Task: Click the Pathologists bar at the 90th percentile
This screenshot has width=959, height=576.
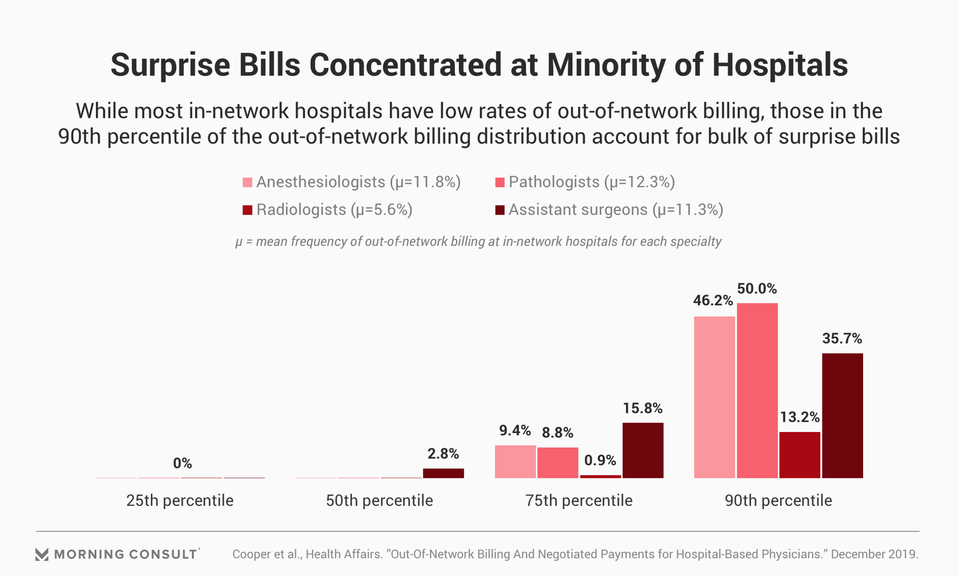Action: [x=757, y=390]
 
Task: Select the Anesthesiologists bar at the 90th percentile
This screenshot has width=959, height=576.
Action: [x=714, y=397]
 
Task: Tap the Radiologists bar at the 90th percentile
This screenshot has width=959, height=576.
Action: [x=800, y=455]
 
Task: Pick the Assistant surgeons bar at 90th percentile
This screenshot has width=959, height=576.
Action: [x=843, y=415]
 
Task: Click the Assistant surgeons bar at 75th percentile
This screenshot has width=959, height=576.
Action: [x=643, y=450]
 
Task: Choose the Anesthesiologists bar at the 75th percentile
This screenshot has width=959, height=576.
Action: [x=515, y=461]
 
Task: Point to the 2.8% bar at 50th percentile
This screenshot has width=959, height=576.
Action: [x=444, y=473]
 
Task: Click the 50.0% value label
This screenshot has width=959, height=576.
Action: [x=757, y=289]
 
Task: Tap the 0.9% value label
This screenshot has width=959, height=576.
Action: [x=600, y=460]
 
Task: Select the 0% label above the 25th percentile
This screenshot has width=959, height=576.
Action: [x=182, y=463]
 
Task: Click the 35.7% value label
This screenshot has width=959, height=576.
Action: [x=842, y=339]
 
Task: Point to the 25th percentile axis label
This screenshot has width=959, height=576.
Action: [x=180, y=500]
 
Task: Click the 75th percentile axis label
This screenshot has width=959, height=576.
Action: [x=579, y=500]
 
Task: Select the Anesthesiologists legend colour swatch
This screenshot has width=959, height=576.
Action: [x=247, y=182]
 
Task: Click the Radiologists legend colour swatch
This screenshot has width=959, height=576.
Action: [x=247, y=210]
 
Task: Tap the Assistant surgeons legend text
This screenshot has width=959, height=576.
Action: [x=616, y=210]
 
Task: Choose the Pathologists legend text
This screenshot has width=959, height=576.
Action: [x=592, y=182]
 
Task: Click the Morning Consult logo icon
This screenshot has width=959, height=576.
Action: [x=42, y=554]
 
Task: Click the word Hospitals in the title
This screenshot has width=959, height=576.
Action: [x=780, y=65]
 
